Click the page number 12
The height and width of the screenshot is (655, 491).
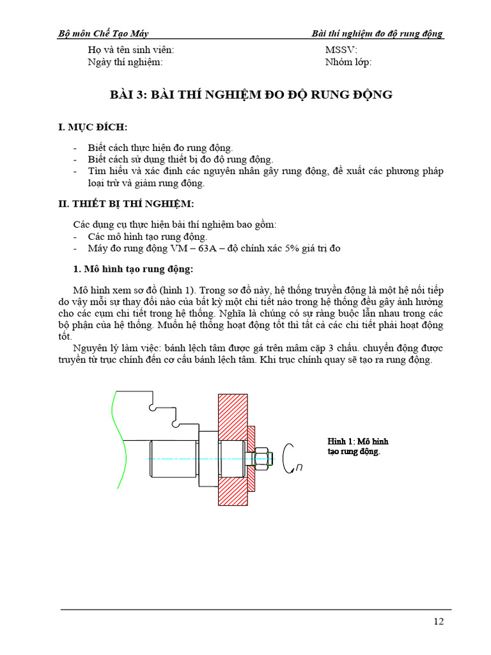[438, 621]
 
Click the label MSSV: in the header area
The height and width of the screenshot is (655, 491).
[341, 50]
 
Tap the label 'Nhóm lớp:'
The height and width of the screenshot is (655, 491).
[348, 62]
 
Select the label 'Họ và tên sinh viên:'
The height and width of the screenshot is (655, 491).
[130, 50]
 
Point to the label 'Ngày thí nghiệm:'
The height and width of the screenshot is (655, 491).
[125, 62]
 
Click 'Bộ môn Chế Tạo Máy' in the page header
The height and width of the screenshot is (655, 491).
[103, 34]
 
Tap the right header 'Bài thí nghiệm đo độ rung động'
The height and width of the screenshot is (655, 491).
[377, 34]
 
